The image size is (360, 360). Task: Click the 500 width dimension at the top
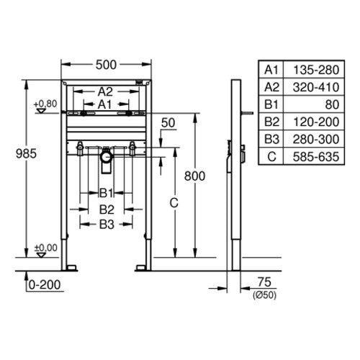pos(106,65)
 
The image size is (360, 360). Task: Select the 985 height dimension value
pos(26,153)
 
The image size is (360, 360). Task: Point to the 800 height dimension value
pos(194,176)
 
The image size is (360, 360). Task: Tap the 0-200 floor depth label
pos(45,285)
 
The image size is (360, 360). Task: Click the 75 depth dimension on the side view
pos(264,282)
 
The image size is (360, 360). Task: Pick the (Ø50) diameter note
pos(264,295)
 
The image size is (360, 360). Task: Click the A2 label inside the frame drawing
pos(105,91)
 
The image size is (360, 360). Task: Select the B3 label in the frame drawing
pos(107,225)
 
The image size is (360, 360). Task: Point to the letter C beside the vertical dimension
pos(174,203)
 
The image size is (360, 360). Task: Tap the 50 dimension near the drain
pos(168,123)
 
